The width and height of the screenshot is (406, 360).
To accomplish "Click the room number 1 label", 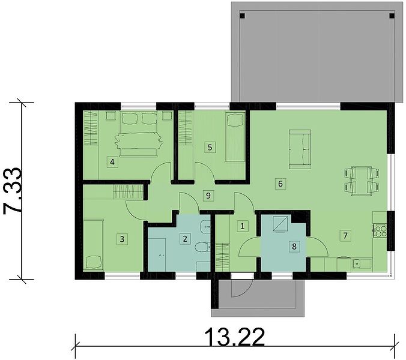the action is tap(243, 226).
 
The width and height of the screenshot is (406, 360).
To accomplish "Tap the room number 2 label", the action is tap(185, 238).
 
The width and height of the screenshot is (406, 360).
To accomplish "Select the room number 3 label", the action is tap(122, 239).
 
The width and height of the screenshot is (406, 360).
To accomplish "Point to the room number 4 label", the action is tap(112, 162).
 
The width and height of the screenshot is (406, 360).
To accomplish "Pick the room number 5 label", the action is tap(210, 148).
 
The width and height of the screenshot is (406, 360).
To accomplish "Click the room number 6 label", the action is tap(280, 184).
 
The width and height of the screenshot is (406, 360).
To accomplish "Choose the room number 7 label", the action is tap(345, 236).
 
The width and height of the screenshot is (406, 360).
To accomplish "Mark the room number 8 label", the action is tap(294, 247).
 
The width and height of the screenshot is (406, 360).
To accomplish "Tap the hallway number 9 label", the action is tap(208, 196).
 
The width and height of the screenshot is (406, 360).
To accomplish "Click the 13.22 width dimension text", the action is tap(235, 337).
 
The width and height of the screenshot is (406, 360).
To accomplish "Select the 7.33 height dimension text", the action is tap(12, 191).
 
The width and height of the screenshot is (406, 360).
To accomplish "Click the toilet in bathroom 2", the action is tap(202, 247).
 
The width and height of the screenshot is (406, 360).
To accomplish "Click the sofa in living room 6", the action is tap(300, 149).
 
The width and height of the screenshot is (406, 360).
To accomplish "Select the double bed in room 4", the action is tap(139, 134).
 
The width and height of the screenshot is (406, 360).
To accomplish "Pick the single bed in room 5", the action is tap(235, 137).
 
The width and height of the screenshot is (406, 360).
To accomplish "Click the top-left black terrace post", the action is tap(242, 16).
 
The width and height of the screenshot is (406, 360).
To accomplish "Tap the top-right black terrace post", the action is tap(392, 16).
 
